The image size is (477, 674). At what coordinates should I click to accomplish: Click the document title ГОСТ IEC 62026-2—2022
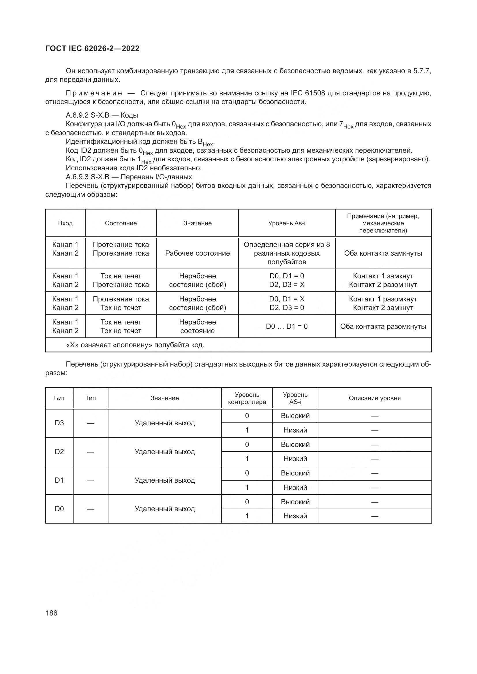[92, 48]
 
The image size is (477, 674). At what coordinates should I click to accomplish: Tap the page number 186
[51, 613]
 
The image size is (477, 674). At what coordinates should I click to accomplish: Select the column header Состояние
[121, 223]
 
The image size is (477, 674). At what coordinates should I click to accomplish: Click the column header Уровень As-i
[287, 223]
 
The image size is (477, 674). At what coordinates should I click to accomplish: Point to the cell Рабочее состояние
[197, 253]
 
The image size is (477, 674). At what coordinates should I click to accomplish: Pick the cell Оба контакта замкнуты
[383, 253]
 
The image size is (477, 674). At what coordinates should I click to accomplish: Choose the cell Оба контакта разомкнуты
[383, 326]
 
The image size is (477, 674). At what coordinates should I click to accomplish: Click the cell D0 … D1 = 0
[287, 326]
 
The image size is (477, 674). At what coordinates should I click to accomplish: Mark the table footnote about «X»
[135, 345]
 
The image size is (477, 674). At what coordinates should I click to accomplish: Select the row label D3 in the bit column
[59, 423]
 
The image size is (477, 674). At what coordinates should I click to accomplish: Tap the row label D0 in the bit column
[59, 509]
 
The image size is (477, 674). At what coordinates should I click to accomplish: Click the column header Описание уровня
[375, 398]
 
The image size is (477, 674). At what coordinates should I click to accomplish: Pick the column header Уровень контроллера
[247, 398]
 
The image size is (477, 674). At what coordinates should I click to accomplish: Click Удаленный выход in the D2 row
[164, 452]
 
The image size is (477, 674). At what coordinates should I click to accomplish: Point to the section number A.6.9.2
[77, 115]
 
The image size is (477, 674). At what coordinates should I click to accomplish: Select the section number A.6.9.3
[77, 177]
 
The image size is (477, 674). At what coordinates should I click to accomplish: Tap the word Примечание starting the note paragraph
[94, 93]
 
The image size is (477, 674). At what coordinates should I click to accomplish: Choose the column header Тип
[91, 398]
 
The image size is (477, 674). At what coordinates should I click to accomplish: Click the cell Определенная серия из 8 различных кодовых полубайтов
[287, 253]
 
